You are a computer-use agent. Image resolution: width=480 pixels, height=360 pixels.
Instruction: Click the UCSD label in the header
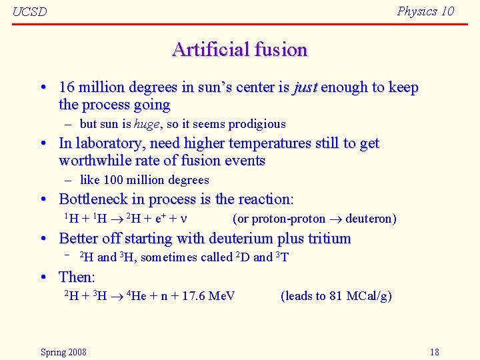pos(29,12)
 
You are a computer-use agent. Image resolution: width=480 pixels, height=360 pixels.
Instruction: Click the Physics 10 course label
pos(425,11)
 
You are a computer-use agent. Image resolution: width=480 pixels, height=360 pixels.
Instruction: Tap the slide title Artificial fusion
pos(239,49)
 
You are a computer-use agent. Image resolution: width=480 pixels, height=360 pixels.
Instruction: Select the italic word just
pos(305,87)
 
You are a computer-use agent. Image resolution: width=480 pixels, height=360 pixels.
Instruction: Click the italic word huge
pos(147,124)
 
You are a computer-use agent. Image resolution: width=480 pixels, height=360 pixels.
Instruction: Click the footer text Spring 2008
pos(63,352)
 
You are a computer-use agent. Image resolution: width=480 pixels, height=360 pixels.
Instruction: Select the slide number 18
pos(434,352)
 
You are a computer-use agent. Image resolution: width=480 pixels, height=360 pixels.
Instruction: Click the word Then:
pos(77,277)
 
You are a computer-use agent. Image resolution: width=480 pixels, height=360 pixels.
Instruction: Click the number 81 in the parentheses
pos(336,296)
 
